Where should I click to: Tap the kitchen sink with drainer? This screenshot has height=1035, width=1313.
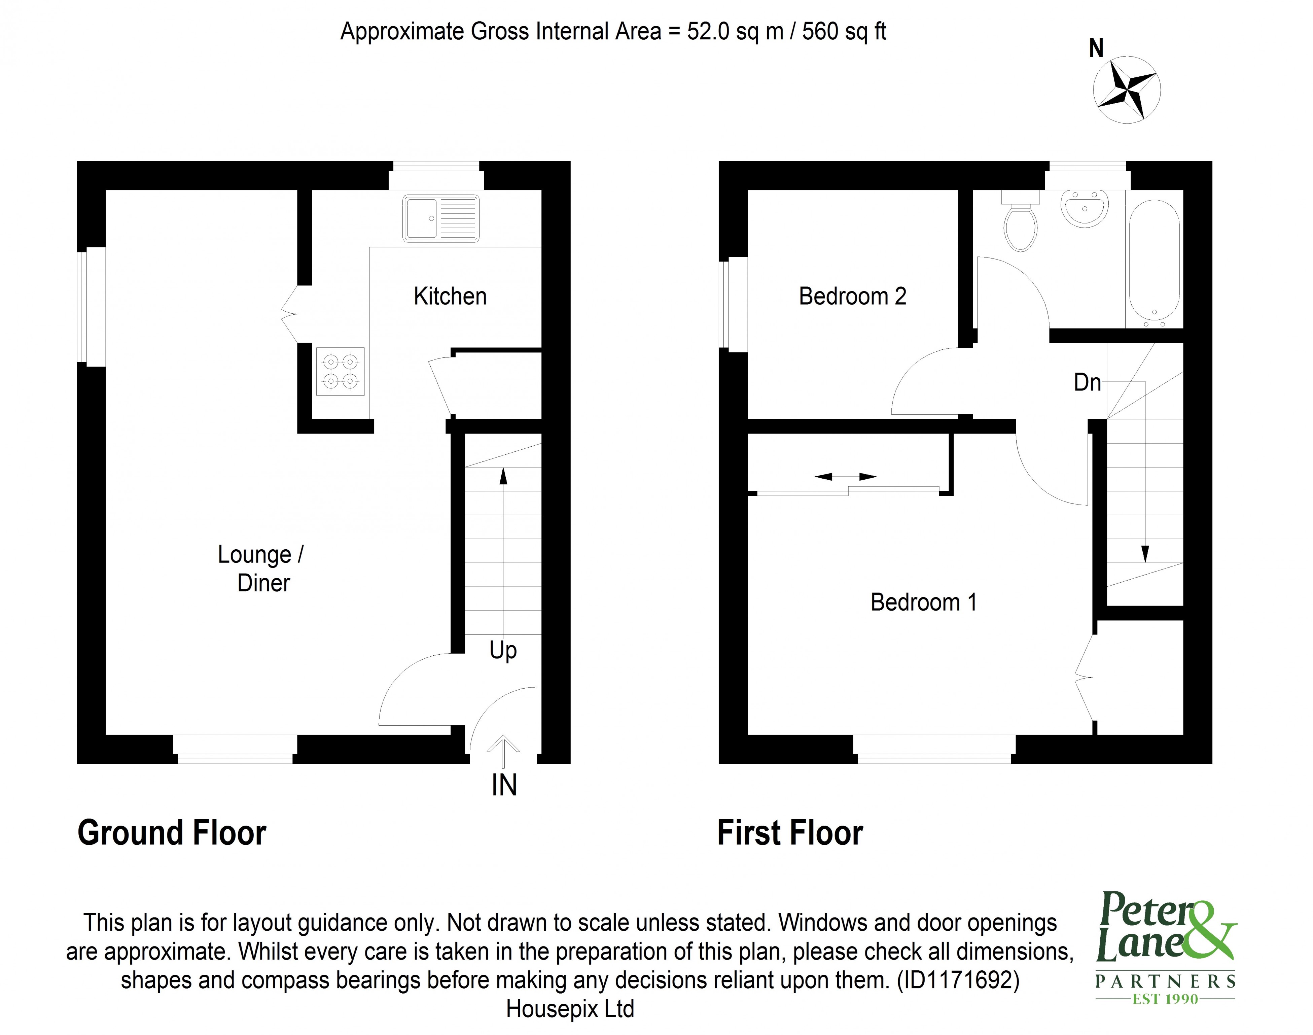440,218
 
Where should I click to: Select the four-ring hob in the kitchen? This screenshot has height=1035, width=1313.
340,372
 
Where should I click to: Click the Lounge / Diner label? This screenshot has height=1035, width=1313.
261,568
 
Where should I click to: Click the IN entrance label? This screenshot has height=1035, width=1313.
503,785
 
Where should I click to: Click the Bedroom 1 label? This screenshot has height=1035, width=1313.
923,602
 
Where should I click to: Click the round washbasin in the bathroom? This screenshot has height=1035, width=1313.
1085,208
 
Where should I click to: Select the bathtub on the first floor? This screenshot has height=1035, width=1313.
1154,261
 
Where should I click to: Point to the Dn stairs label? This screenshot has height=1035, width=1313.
1087,382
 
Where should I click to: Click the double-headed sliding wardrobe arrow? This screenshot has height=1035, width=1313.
845,477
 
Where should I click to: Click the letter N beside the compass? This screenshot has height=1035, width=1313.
1096,48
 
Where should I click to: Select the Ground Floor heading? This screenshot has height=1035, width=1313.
172,833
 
